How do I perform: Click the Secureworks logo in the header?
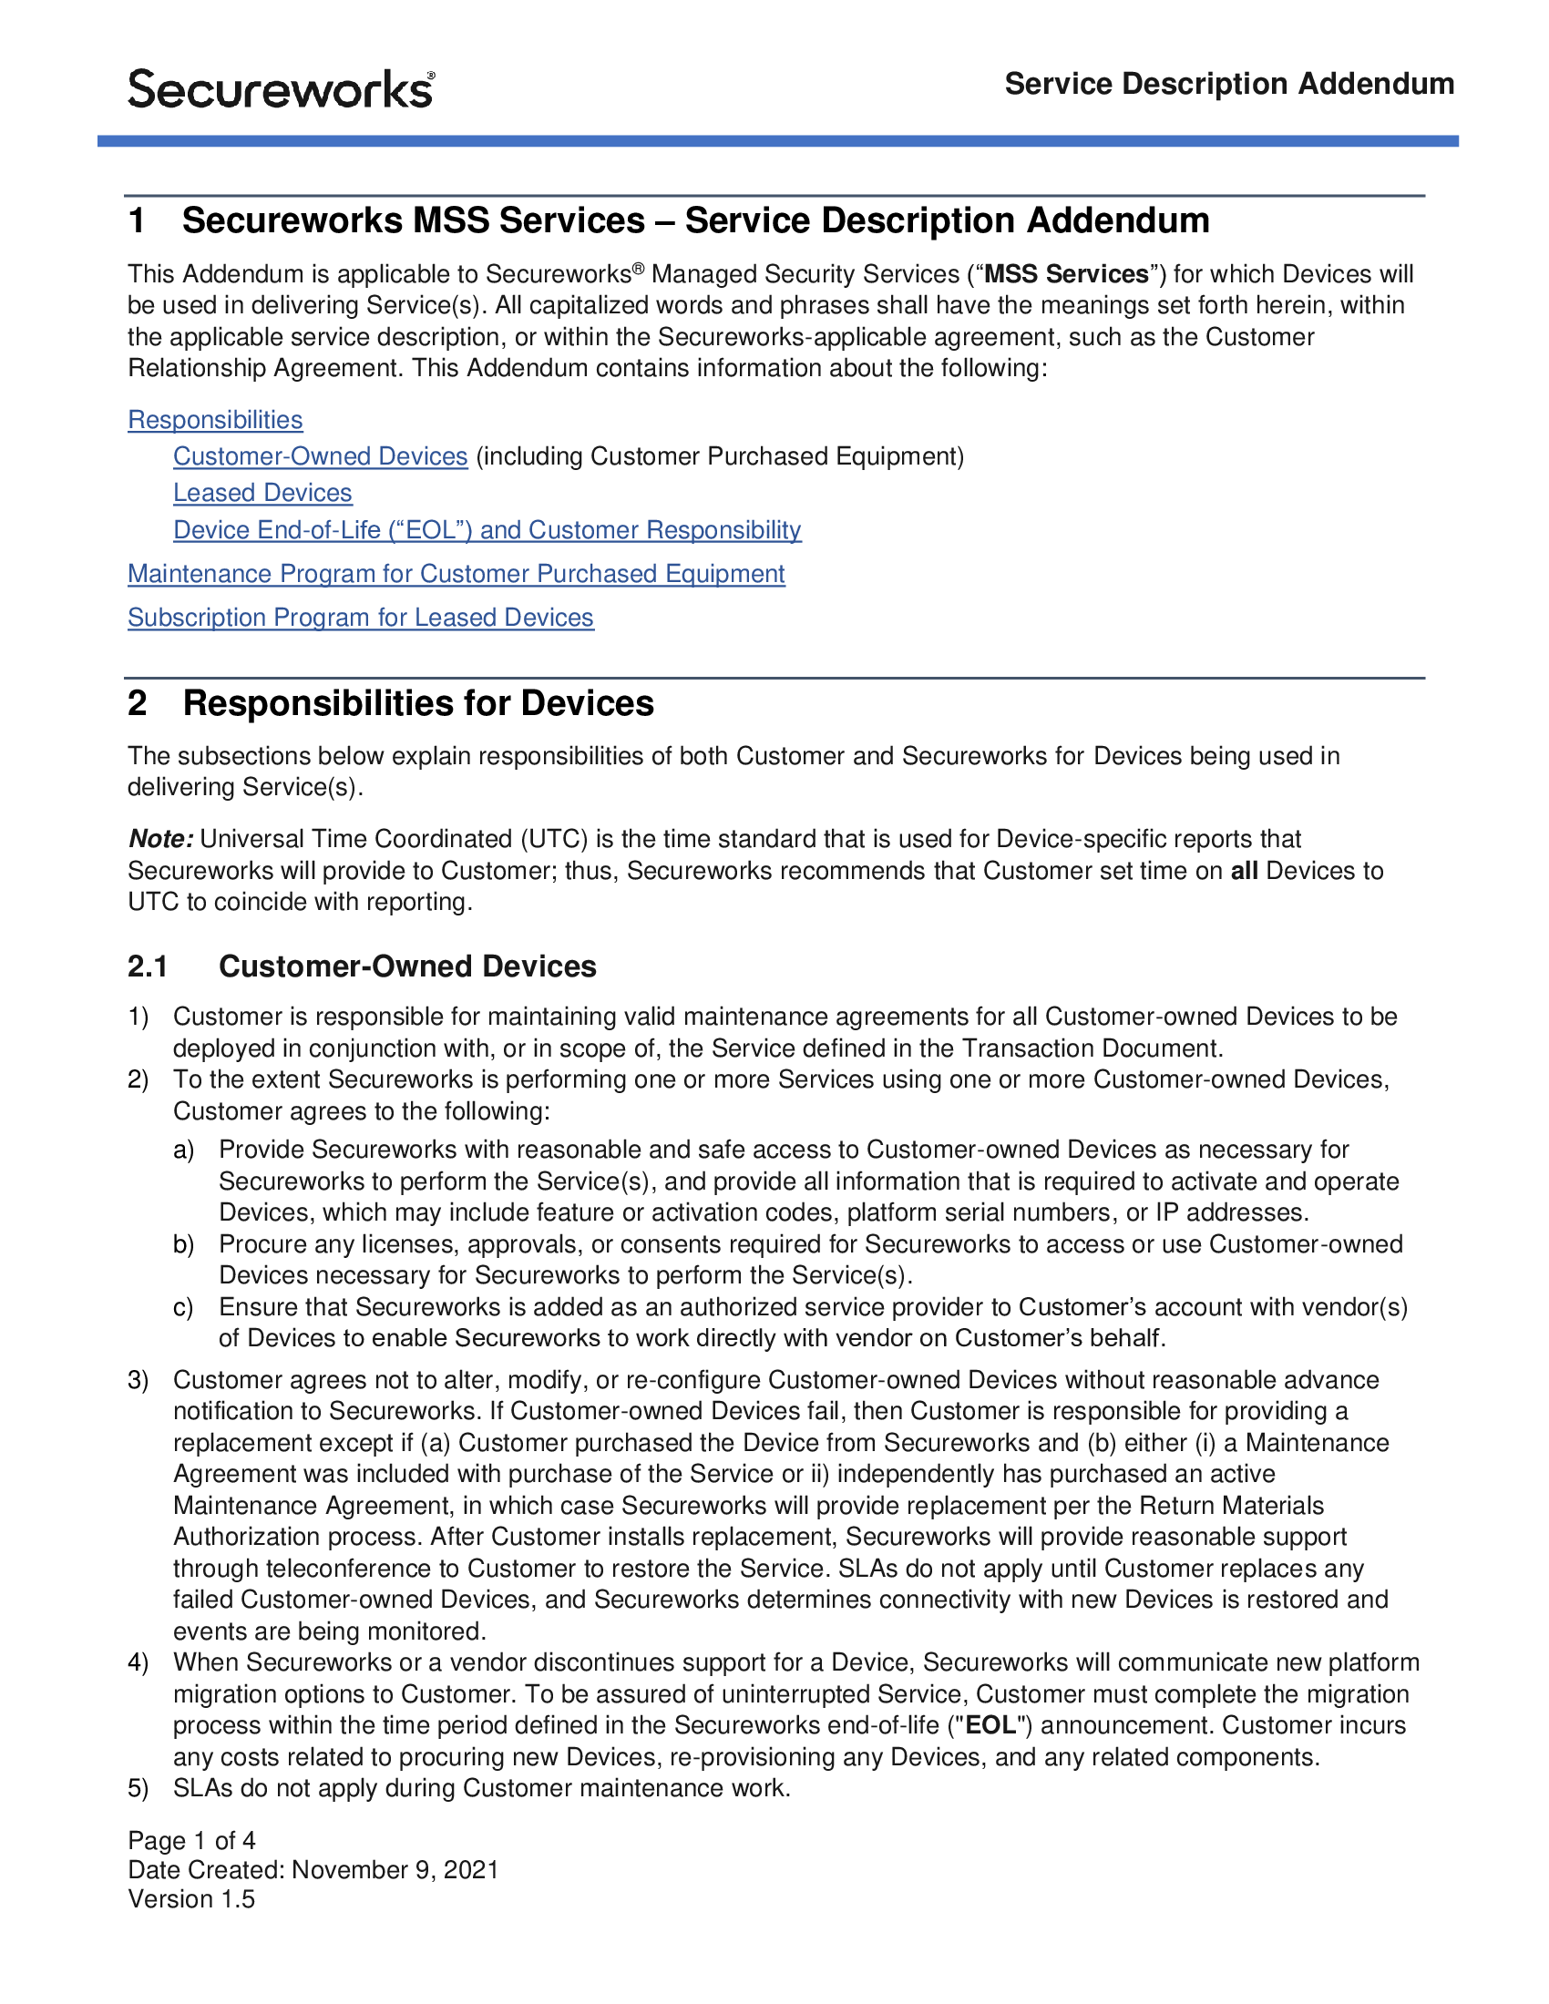(x=281, y=89)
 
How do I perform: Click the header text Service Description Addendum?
(x=1229, y=84)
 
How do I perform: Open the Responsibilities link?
(x=215, y=419)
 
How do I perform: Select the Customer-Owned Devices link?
(x=320, y=456)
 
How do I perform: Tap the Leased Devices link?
(x=262, y=493)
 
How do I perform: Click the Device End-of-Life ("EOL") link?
(x=487, y=529)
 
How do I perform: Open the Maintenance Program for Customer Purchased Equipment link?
(x=456, y=574)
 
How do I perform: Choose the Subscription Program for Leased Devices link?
(x=361, y=618)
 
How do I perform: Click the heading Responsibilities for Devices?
(x=417, y=703)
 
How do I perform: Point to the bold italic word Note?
(x=160, y=839)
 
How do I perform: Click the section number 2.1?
(x=148, y=966)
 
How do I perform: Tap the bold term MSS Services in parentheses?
(x=1065, y=274)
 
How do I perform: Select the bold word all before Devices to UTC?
(x=1244, y=870)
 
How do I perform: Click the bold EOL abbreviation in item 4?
(x=990, y=1725)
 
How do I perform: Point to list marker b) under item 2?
(x=183, y=1244)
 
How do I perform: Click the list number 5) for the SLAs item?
(x=138, y=1787)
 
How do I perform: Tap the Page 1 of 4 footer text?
(x=191, y=1841)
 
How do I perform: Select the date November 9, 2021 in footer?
(x=395, y=1870)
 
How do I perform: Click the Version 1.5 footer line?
(x=191, y=1899)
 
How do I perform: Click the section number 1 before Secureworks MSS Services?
(x=138, y=220)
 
